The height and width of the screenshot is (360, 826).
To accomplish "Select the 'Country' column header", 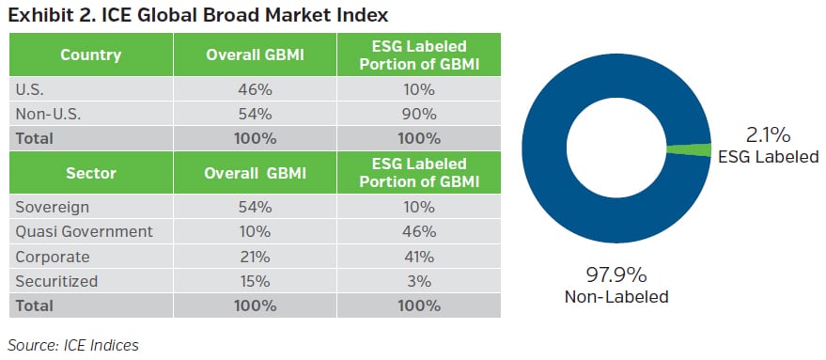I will [x=90, y=55].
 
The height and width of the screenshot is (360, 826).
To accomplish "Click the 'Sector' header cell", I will [x=90, y=173].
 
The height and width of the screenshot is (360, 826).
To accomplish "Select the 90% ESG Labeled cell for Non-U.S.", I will [x=419, y=114].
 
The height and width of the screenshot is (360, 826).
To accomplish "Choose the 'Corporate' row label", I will [x=53, y=257].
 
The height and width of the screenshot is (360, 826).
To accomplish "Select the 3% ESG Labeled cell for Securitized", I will [x=419, y=280].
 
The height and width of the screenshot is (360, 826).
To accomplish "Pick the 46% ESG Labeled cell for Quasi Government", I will [x=419, y=231].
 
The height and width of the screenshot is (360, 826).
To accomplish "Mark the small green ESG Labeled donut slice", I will [x=687, y=149].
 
